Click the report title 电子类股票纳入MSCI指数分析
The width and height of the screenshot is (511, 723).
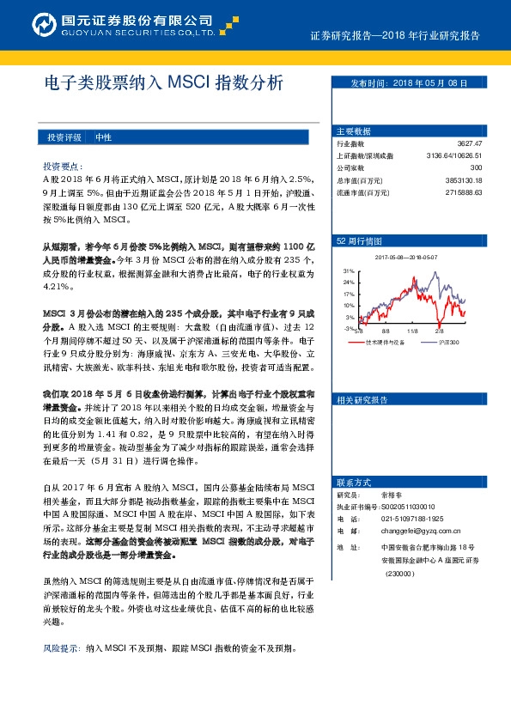[x=162, y=83]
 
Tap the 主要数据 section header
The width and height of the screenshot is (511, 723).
[x=353, y=131]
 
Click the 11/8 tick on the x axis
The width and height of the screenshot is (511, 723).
[x=412, y=331]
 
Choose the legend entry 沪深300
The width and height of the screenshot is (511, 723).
[x=449, y=343]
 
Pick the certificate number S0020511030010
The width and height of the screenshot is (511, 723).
[x=407, y=507]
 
